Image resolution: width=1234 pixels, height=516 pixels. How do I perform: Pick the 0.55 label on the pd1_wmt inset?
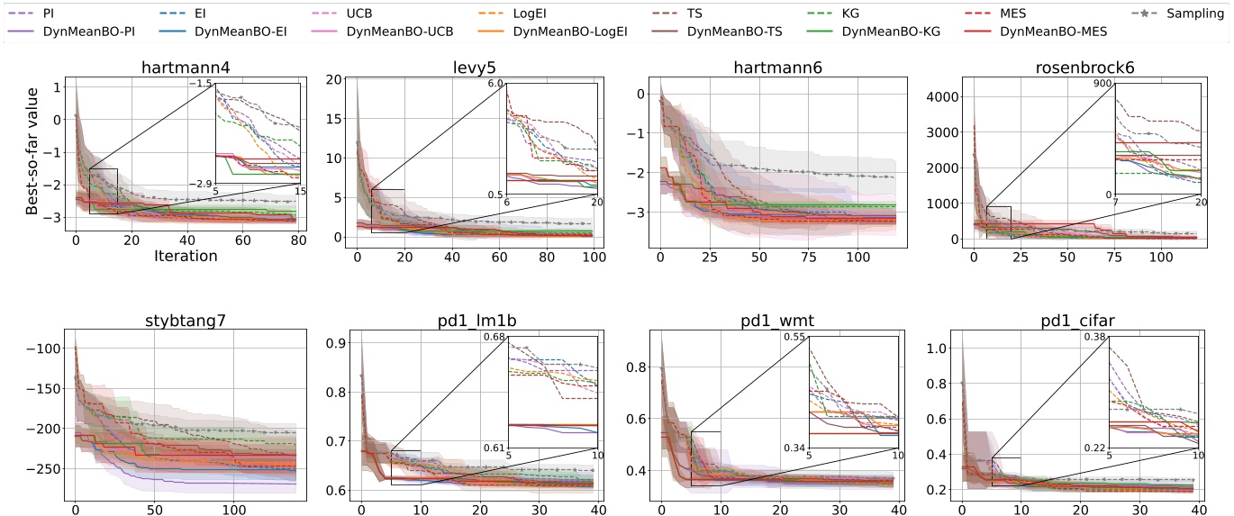click(796, 336)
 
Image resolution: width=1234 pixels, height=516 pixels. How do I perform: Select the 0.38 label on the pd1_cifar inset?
click(1096, 336)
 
